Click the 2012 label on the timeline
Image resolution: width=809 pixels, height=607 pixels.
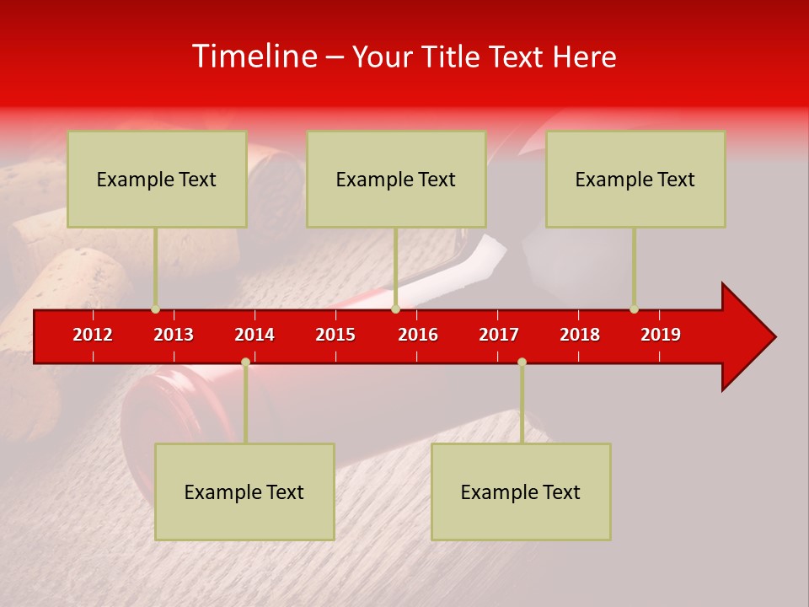click(93, 335)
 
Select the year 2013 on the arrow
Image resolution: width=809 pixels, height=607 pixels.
click(174, 335)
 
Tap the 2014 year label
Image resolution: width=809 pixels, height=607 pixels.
click(254, 335)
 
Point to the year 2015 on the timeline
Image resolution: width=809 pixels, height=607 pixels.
click(335, 335)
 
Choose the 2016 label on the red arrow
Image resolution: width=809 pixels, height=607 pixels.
click(418, 335)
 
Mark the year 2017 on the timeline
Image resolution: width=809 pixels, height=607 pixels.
click(499, 335)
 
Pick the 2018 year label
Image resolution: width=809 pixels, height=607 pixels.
click(580, 335)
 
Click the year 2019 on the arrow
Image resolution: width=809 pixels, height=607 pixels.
click(661, 335)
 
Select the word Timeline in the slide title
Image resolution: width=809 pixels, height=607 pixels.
click(254, 56)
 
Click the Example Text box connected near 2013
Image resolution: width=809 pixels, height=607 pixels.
click(157, 179)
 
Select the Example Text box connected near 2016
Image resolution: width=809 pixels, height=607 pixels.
click(396, 179)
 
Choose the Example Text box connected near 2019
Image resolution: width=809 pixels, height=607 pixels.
click(635, 179)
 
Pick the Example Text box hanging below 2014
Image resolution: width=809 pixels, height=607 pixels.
click(244, 492)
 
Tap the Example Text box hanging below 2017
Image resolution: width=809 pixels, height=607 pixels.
click(521, 492)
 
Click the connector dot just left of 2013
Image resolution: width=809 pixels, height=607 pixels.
click(155, 309)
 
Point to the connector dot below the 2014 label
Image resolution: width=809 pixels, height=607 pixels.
click(245, 362)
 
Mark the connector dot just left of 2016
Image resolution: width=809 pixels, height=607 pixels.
click(395, 309)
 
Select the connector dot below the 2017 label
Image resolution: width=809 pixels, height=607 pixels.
click(522, 362)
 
